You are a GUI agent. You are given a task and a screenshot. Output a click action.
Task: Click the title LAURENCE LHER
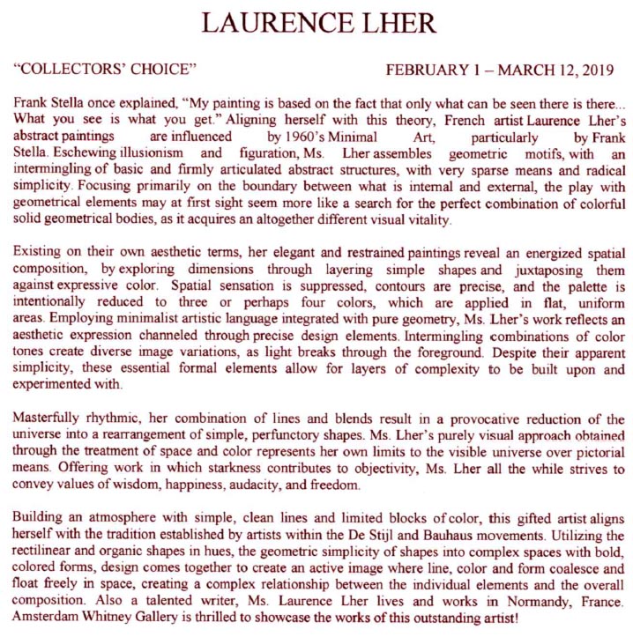click(317, 24)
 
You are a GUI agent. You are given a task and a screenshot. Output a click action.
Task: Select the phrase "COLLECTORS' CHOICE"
click(105, 68)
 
